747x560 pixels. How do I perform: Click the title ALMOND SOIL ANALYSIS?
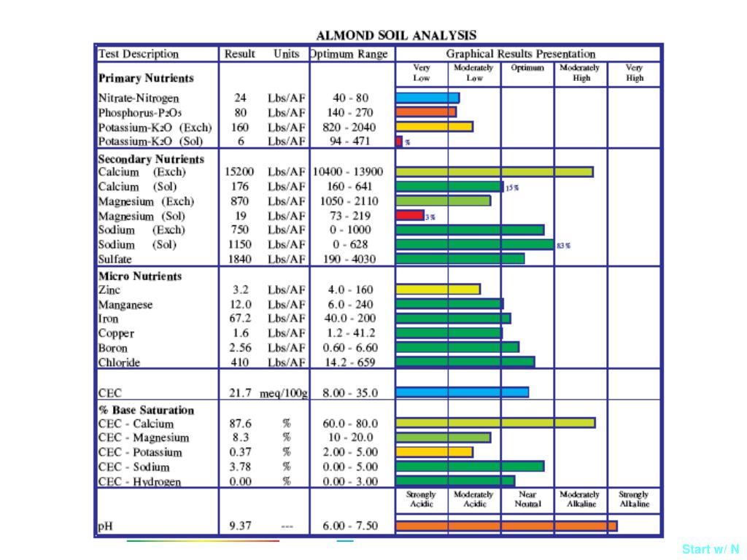396,35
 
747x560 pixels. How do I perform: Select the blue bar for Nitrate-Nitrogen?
427,98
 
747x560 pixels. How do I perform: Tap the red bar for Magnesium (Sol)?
410,215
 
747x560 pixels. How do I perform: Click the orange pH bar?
506,526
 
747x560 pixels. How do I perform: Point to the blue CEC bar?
462,392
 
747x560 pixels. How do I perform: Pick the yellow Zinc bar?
438,289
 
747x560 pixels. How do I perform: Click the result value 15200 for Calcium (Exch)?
239,172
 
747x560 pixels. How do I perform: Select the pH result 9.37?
240,526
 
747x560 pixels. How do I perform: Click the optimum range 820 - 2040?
349,127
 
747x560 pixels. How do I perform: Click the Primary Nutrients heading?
146,78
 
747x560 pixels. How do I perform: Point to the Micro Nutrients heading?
140,276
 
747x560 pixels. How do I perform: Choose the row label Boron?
113,348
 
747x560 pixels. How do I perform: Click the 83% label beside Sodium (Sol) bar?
563,246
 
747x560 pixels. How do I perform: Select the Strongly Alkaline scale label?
634,499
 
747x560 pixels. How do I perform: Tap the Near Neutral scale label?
527,499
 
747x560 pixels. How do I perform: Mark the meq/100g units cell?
285,393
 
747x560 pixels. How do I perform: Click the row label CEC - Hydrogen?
139,481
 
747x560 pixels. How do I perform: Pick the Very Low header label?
422,73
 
